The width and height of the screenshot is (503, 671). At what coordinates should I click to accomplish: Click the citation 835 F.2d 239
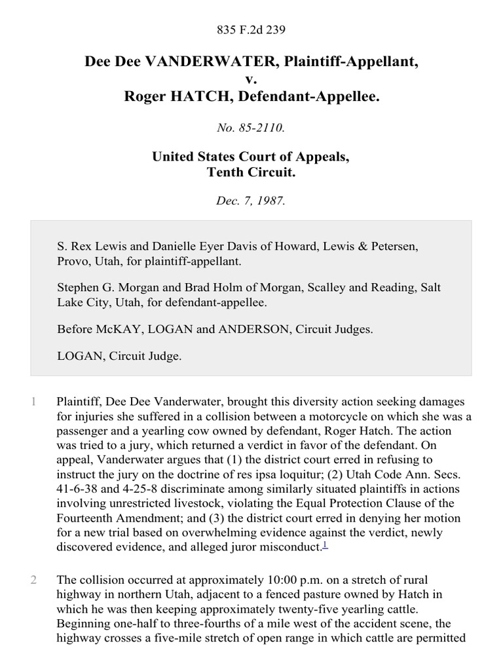pyautogui.click(x=251, y=29)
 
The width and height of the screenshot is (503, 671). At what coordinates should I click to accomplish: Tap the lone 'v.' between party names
pyautogui.click(x=251, y=80)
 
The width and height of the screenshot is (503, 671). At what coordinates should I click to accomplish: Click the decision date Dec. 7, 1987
pyautogui.click(x=251, y=201)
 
